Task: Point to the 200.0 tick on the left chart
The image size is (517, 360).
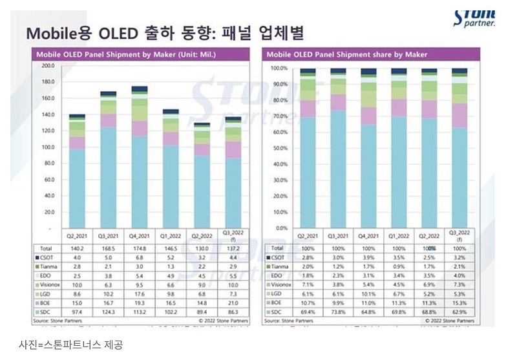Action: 47,66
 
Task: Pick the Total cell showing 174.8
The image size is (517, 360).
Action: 139,248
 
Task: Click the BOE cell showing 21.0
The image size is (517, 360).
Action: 231,301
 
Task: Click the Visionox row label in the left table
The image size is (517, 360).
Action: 50,284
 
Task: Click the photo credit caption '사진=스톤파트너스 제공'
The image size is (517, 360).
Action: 70,344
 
